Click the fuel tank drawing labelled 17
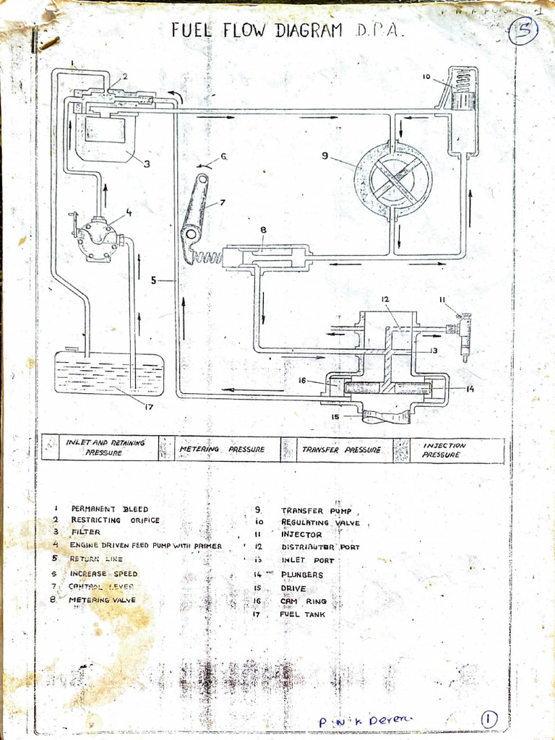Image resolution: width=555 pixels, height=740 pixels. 109,373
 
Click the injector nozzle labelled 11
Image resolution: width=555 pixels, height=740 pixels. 465,336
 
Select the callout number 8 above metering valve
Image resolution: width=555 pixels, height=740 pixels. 263,231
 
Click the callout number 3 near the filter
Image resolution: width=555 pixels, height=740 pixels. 147,164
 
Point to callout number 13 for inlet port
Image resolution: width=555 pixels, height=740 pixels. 434,350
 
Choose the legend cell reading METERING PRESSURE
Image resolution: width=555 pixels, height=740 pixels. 221,449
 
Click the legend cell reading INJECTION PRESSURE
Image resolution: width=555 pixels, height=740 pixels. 444,449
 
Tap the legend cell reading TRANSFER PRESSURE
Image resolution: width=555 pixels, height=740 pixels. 341,449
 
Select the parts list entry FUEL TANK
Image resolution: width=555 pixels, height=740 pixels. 302,614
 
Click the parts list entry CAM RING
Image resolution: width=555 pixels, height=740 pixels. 304,601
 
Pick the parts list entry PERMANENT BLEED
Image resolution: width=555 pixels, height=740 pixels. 109,509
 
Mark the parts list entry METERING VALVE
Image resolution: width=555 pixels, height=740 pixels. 102,599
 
